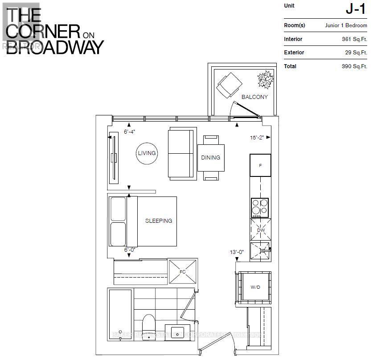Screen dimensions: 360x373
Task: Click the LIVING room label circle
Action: coord(147,153)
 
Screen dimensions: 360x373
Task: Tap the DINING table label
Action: coord(210,158)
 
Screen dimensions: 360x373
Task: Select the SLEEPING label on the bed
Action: coord(158,221)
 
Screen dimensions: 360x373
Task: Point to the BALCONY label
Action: coord(254,97)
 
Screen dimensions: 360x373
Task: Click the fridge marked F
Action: coord(260,165)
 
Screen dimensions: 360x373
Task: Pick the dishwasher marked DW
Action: coord(260,230)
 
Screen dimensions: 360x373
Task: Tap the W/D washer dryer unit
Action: coord(255,287)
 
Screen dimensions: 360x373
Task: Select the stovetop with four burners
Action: coord(260,207)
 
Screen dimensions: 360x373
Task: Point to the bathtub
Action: coord(120,314)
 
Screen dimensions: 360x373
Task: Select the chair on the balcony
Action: coord(229,85)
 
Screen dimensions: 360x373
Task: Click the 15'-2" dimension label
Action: coord(257,138)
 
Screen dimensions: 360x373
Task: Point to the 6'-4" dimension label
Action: coord(129,132)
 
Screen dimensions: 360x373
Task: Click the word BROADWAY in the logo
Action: coord(55,47)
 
